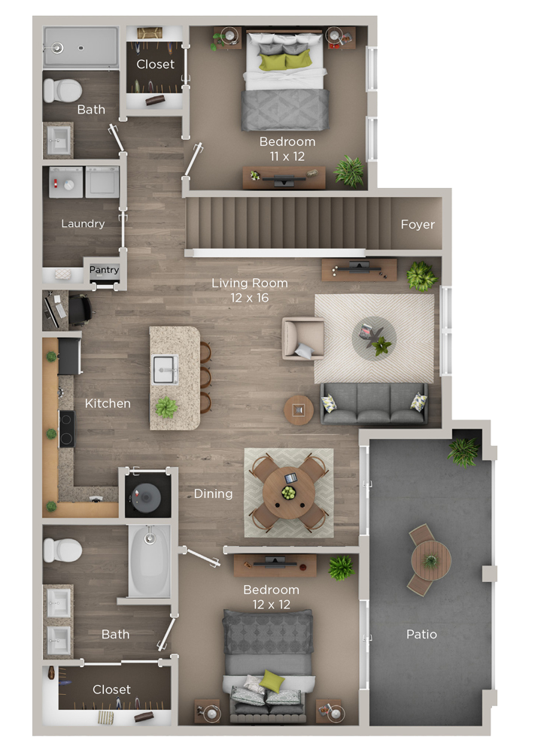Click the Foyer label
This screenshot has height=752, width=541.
418,224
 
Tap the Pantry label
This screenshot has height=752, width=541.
104,269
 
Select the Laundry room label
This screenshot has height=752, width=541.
83,223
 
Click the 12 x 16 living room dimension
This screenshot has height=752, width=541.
250,298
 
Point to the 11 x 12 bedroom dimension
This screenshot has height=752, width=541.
287,156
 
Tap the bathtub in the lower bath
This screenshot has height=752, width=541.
149,560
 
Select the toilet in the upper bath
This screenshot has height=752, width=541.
62,90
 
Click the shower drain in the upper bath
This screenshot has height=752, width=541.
81,48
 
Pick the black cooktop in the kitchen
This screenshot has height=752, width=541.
67,429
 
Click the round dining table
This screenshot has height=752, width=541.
288,493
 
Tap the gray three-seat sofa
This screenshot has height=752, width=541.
374,404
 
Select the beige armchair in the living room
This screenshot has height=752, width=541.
303,338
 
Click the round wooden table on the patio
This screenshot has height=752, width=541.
431,560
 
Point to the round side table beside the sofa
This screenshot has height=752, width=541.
299,410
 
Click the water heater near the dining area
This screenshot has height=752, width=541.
147,497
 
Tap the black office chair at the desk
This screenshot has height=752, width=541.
80,309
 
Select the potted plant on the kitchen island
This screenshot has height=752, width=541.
166,408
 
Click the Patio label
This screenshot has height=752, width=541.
421,635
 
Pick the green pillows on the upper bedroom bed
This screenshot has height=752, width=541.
286,61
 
